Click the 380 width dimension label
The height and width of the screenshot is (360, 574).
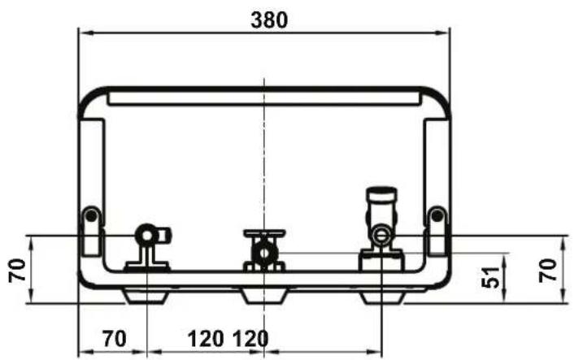tap(269, 20)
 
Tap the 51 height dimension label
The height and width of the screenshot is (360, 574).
tap(490, 277)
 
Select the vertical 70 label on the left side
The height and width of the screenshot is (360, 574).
tap(18, 270)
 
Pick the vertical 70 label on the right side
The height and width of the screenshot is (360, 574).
tap(548, 270)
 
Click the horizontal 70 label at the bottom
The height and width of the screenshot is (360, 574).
tap(115, 338)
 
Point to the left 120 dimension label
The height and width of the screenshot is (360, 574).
tap(206, 338)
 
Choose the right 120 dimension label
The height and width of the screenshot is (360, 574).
tap(250, 338)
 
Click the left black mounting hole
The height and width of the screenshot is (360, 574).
tap(91, 216)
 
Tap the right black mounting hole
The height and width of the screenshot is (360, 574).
tap(437, 216)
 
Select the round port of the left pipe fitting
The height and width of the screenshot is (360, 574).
tap(147, 235)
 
